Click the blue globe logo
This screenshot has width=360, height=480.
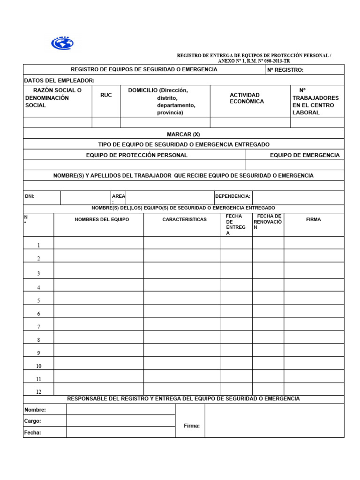point(62,43)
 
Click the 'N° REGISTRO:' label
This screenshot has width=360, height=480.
point(285,70)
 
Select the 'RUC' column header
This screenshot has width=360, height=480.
point(106,95)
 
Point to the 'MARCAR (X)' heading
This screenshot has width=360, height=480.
point(183,134)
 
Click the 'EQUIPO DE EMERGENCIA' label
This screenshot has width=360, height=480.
point(305,155)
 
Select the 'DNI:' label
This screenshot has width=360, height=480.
point(30,196)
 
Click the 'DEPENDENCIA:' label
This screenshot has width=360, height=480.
point(232,196)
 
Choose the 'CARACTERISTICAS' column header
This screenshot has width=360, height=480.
point(184,219)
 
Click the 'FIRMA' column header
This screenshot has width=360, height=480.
point(313,219)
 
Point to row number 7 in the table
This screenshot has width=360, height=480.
point(38,327)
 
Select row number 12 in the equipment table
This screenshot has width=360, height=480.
point(38,392)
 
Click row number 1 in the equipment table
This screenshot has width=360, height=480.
point(38,245)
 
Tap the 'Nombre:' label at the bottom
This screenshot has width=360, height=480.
point(35,410)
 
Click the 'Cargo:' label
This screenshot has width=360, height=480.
point(33,421)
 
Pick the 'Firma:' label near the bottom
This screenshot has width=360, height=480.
point(192,426)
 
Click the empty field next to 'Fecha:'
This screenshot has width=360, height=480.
point(120,432)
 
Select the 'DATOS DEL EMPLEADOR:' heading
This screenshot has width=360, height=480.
point(59,81)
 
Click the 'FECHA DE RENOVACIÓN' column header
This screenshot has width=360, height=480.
point(268,221)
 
